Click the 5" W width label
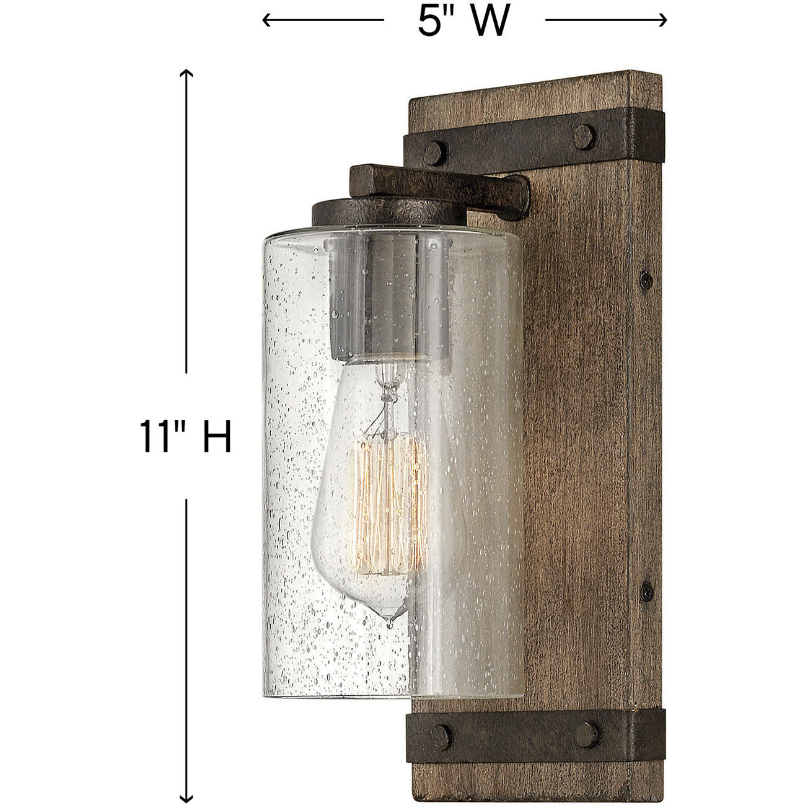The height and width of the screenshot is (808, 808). point(463,22)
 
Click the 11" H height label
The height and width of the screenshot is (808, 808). point(185,437)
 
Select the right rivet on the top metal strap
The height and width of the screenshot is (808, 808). point(583,136)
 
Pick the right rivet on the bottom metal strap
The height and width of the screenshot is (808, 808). point(586,735)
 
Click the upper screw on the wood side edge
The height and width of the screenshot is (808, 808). point(646,280)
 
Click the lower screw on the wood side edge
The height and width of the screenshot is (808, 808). point(646,592)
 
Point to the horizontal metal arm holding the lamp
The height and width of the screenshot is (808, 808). point(440,185)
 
